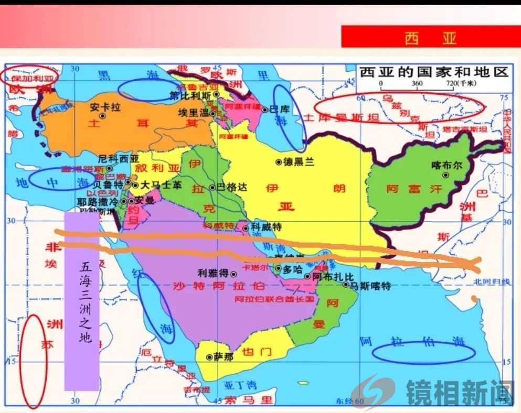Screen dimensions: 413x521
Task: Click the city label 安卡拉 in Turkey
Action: pos(105,107)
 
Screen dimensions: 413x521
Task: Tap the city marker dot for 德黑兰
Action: pos(279,162)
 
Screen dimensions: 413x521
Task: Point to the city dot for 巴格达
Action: pos(212,187)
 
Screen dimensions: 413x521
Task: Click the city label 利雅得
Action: pos(212,273)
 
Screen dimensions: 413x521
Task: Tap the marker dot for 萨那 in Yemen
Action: pos(208,357)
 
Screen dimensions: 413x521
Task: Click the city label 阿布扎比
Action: pos(333,276)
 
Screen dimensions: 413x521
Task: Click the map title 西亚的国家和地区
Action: pos(434,71)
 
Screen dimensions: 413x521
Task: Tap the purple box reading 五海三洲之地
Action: pos(82,301)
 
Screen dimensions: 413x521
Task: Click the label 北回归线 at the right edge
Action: pos(491,281)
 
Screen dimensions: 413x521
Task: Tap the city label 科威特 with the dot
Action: pos(266,227)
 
